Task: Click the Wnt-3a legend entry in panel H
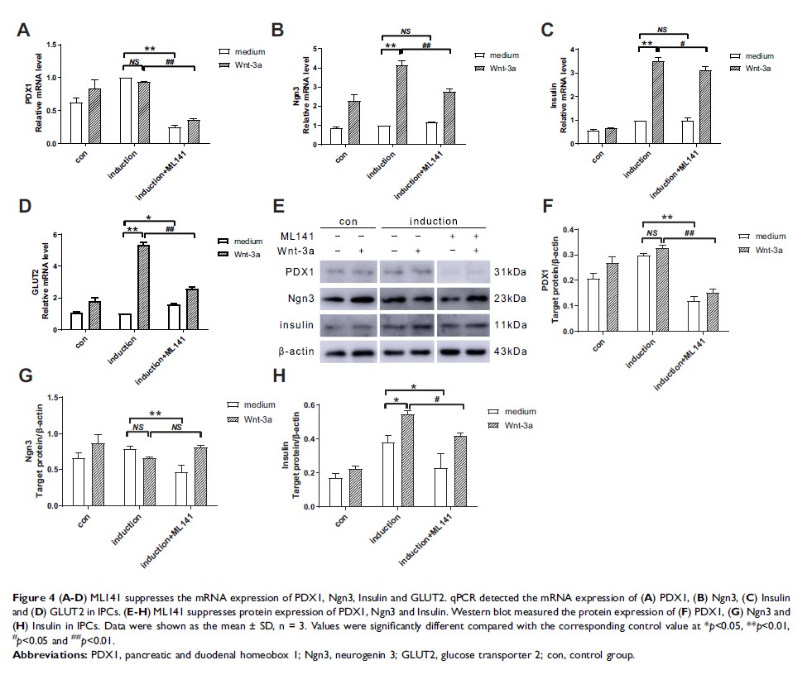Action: click(x=516, y=424)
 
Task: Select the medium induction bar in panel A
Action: click(x=126, y=111)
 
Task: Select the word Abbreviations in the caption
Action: click(x=52, y=654)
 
